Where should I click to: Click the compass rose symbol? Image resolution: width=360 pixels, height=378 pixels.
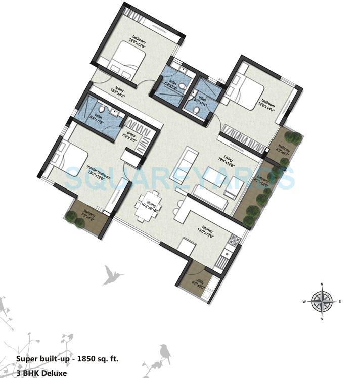321,302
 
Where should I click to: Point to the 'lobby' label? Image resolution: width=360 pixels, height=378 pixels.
119,87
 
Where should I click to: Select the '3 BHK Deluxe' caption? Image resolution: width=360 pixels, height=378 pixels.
41,373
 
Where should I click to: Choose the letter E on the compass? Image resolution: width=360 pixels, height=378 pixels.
339,302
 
